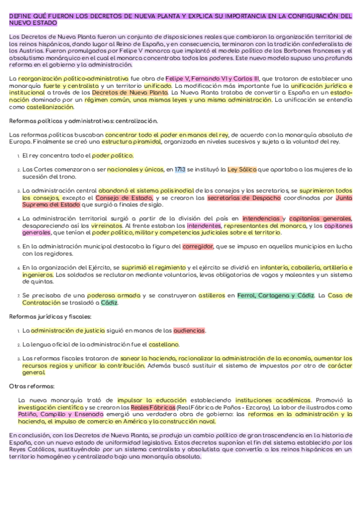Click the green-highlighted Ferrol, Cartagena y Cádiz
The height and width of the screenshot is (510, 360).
(276, 295)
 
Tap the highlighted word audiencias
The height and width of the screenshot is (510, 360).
(189, 330)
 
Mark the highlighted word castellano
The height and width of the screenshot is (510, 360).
(163, 344)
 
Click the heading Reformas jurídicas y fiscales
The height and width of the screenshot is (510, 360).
(43, 316)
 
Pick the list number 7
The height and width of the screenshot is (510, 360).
(18, 296)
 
